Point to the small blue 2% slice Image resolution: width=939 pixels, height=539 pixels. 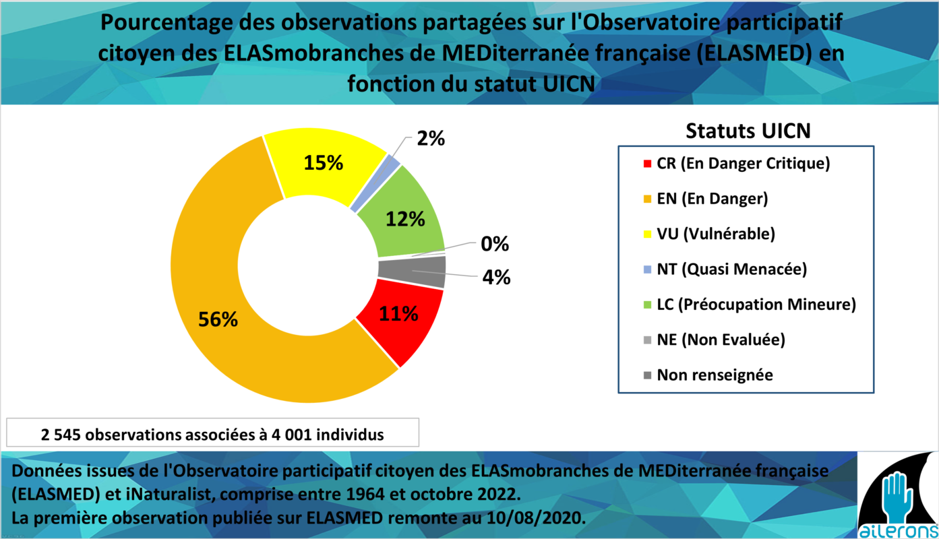375,183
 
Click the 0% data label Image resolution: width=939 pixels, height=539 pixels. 495,244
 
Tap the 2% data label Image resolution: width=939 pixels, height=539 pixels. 431,138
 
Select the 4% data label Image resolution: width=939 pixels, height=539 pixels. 496,277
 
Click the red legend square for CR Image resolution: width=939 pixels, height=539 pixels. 647,164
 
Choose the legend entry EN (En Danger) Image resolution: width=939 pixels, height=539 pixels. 706,199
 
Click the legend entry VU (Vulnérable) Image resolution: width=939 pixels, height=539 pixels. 709,234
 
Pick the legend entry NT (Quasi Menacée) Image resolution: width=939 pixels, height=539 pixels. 725,269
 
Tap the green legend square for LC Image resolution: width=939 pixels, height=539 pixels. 647,305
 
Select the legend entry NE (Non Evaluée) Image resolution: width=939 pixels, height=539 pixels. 715,340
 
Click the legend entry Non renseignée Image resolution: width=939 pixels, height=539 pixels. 708,375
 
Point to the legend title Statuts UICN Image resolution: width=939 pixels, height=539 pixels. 748,131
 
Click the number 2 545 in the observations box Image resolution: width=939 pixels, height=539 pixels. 61,435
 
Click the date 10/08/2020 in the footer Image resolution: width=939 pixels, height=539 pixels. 536,518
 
